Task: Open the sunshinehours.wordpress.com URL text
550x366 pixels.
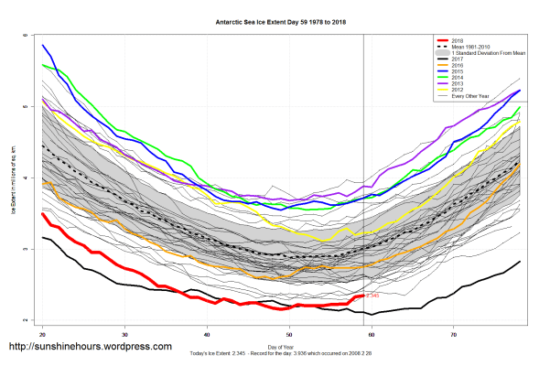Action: pyautogui.click(x=90, y=348)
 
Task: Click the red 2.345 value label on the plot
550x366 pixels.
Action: pyautogui.click(x=372, y=296)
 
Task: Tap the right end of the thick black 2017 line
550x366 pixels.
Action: pyautogui.click(x=519, y=262)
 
